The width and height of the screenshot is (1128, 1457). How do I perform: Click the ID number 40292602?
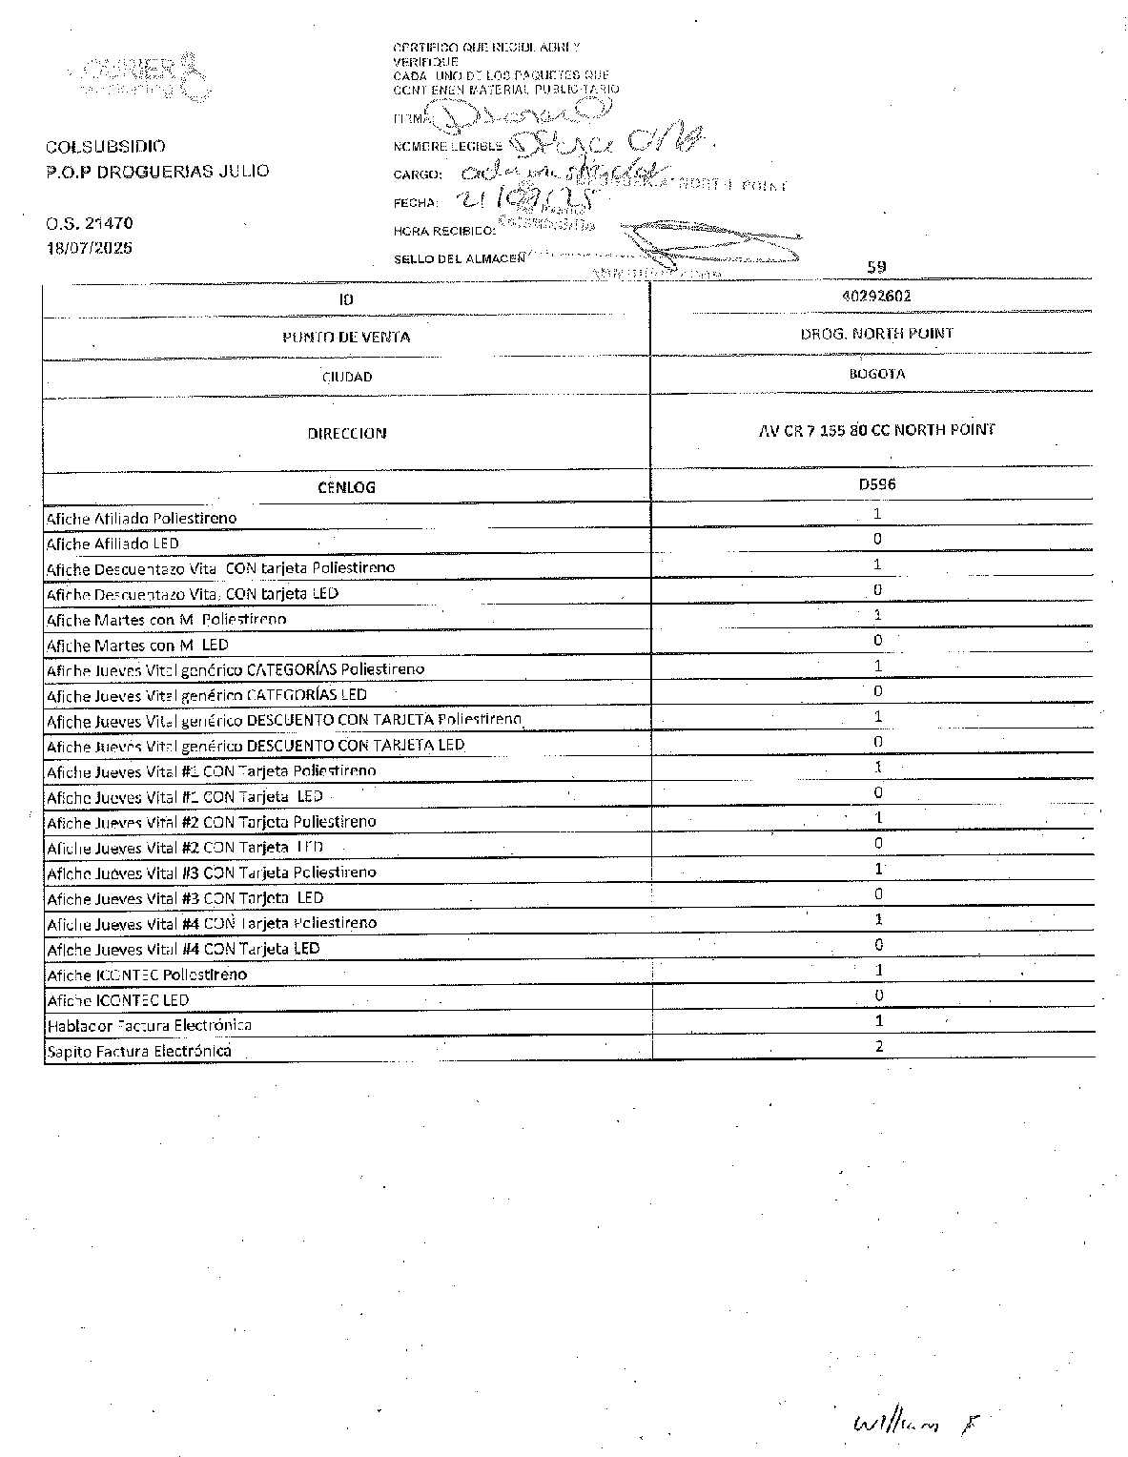click(876, 296)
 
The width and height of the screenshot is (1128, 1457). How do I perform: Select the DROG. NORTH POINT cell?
click(876, 334)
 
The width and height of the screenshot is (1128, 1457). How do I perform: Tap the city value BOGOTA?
click(876, 374)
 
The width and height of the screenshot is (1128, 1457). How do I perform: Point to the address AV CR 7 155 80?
click(876, 430)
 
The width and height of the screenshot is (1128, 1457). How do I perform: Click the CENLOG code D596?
click(876, 484)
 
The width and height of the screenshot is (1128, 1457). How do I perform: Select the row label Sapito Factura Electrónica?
click(139, 1051)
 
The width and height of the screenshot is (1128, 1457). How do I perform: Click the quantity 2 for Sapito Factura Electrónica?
click(878, 1046)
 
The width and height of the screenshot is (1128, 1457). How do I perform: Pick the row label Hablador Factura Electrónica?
click(150, 1025)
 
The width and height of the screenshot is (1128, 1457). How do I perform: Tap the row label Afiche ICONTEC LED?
click(118, 1000)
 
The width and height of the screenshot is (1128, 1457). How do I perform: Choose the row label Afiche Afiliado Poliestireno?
click(142, 519)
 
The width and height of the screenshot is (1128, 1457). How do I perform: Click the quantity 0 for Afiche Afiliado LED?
click(877, 539)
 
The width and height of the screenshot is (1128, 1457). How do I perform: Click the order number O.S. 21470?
click(90, 223)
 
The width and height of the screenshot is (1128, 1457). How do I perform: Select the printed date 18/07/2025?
click(90, 248)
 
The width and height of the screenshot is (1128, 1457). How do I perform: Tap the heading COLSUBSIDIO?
click(106, 147)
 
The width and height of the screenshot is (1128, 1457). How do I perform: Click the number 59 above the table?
click(876, 267)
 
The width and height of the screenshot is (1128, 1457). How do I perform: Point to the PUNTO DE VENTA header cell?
click(346, 337)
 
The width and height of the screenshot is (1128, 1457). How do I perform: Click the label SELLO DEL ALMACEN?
click(459, 258)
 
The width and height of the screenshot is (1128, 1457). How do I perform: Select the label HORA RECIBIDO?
click(444, 231)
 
